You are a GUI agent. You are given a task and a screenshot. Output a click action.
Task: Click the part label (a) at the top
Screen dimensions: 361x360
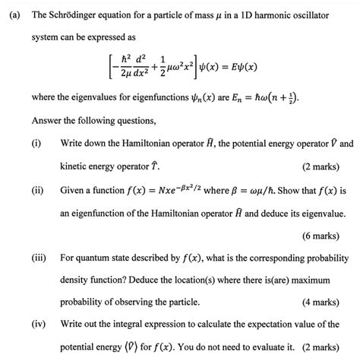pos(11,12)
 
